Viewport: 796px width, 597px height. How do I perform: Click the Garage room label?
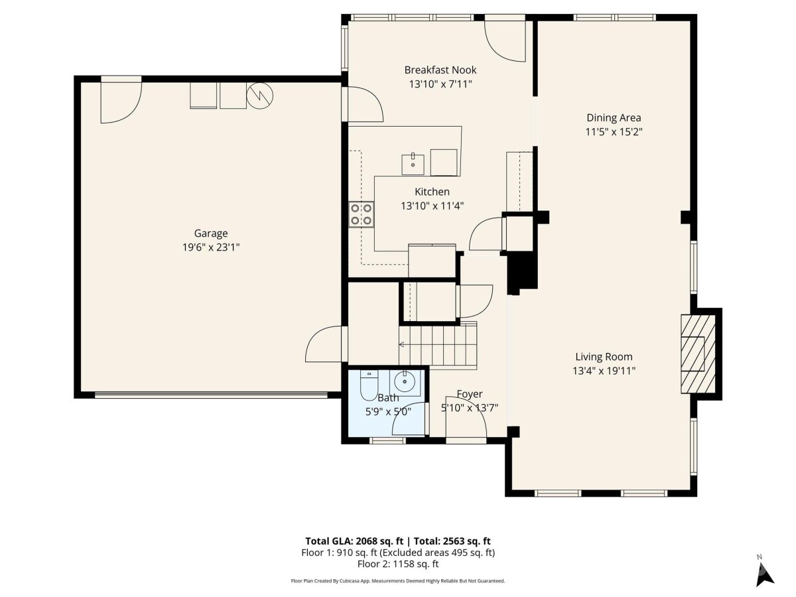pos(211,233)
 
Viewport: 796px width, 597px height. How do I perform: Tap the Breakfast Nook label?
pos(440,70)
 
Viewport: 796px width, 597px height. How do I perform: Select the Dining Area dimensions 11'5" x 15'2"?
pos(614,131)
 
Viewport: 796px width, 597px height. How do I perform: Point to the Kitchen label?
pos(432,192)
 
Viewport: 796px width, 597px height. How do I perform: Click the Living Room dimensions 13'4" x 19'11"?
pos(604,371)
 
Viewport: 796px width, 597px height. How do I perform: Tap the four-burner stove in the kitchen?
pos(362,214)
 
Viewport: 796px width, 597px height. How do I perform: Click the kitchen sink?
pos(413,165)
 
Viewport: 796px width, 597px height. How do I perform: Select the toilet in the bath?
pos(369,385)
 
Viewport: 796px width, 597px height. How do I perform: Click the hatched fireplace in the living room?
pos(698,354)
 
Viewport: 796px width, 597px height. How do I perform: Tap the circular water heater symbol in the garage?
pos(259,96)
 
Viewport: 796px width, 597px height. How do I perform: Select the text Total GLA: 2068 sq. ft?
pos(354,541)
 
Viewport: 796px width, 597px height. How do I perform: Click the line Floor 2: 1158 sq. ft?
pos(398,564)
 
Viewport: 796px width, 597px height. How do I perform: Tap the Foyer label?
pos(469,394)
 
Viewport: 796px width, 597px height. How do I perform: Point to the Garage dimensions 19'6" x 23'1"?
pos(211,247)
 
